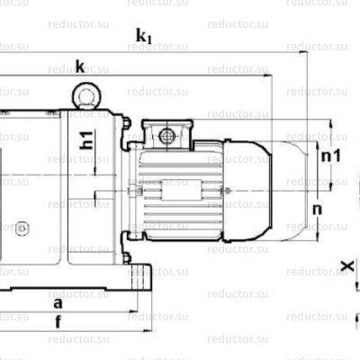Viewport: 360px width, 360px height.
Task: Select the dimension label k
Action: click(x=80, y=67)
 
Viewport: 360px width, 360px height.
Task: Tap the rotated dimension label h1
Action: click(x=87, y=139)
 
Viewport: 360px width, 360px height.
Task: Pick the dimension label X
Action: click(x=347, y=266)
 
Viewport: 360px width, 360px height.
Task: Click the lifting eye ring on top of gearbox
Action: click(x=85, y=94)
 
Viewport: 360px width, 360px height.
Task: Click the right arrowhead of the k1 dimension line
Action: click(x=304, y=53)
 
